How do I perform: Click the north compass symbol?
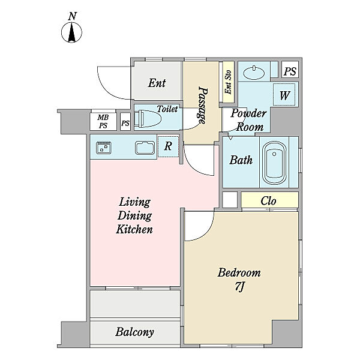click(71, 32)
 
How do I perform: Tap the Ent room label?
click(157, 83)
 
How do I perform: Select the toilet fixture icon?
click(148, 119)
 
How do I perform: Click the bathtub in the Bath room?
click(274, 163)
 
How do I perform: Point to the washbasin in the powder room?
click(254, 73)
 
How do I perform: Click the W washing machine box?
click(284, 95)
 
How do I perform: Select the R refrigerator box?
click(168, 146)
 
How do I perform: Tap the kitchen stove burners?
click(104, 148)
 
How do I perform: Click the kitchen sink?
click(145, 148)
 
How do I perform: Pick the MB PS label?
click(103, 121)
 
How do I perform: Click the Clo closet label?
click(268, 201)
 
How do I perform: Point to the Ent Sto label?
click(228, 82)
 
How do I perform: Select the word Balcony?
click(134, 332)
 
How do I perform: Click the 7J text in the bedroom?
click(239, 286)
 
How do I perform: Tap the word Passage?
click(203, 105)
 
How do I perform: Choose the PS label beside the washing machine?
click(290, 71)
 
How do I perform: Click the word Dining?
click(134, 215)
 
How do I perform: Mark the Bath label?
click(241, 160)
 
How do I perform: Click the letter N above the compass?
click(73, 16)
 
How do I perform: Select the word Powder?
click(248, 113)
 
